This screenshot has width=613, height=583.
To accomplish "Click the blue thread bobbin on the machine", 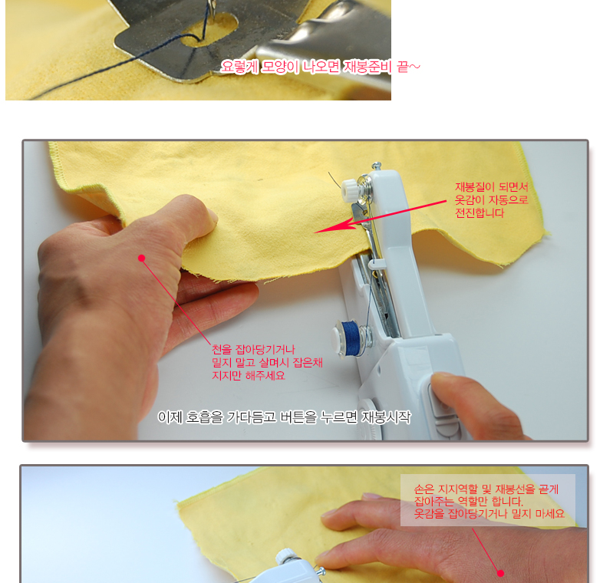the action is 349,337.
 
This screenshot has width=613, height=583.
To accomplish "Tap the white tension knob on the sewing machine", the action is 351,189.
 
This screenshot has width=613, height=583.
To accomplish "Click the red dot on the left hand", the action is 141,258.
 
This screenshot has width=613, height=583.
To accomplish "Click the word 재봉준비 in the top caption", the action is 367,67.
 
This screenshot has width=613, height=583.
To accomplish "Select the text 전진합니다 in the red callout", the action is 480,213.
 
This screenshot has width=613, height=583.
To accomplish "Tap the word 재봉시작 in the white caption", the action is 386,417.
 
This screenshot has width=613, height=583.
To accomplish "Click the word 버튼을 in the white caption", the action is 298,417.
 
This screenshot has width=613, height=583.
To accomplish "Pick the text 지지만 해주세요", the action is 249,376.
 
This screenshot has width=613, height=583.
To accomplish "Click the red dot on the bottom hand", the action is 500,573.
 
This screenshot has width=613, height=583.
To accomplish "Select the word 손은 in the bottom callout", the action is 423,489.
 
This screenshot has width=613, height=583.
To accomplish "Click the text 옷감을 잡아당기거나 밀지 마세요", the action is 489,513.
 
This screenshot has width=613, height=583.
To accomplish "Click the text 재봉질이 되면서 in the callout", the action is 492,187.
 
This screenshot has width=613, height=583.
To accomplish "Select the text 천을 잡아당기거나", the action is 253,349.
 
